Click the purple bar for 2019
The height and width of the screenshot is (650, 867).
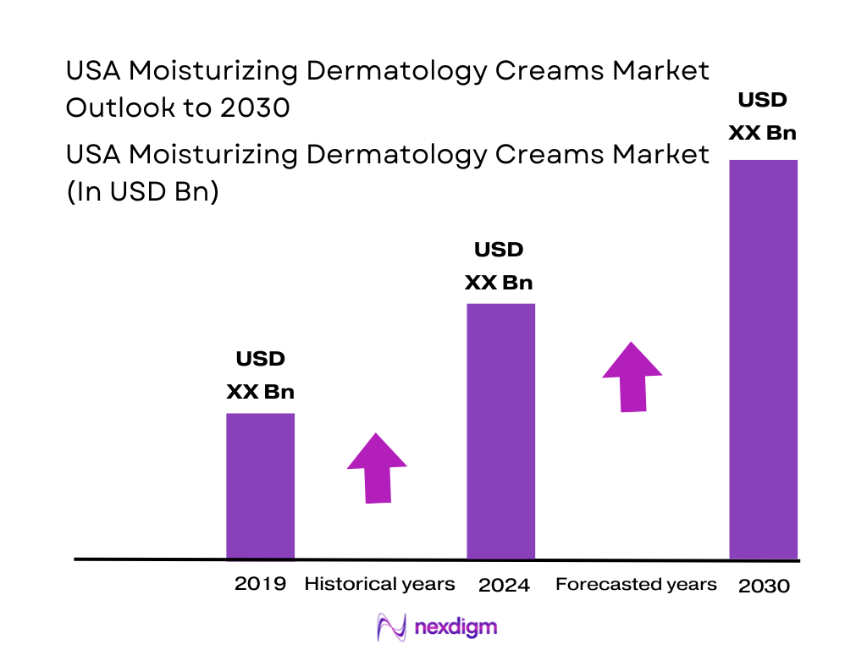260,486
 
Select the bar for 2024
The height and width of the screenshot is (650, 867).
501,431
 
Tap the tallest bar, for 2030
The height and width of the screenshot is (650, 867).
763,359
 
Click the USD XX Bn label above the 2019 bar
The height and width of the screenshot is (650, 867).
260,375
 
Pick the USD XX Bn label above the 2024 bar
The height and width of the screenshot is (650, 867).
499,266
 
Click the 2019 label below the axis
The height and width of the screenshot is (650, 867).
260,584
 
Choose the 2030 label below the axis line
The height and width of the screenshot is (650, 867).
764,586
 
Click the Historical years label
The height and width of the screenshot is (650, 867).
379,584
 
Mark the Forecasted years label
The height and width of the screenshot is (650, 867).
636,585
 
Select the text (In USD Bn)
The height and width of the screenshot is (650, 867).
142,192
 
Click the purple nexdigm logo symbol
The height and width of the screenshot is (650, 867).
391,627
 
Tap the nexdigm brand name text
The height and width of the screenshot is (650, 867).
456,627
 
